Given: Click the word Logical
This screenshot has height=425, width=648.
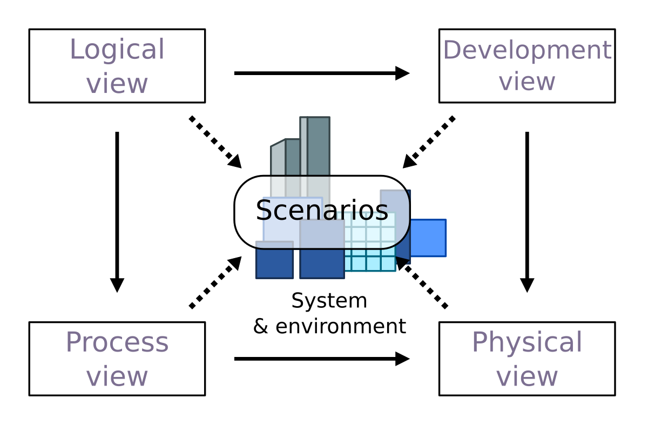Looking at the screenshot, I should click(x=117, y=50).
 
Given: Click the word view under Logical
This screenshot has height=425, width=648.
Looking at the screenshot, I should click(x=117, y=84).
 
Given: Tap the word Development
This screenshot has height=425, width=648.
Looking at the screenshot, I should click(x=526, y=51).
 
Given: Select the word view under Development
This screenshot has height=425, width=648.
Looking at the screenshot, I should click(x=526, y=82).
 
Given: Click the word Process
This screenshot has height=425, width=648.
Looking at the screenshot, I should click(x=117, y=343).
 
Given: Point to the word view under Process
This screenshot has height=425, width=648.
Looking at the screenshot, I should click(x=117, y=376).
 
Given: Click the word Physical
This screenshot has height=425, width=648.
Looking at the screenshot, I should click(x=526, y=343).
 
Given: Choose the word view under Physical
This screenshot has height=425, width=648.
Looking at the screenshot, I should click(x=526, y=376).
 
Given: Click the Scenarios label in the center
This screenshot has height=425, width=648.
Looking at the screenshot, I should click(x=322, y=211).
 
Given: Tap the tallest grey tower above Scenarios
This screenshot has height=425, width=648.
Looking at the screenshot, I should click(x=318, y=146).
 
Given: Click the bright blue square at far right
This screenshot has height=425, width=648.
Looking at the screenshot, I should click(x=428, y=238).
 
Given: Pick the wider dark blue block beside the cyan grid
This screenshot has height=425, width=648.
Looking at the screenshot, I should click(x=322, y=264).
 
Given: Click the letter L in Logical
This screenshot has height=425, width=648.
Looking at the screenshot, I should click(x=76, y=50).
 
